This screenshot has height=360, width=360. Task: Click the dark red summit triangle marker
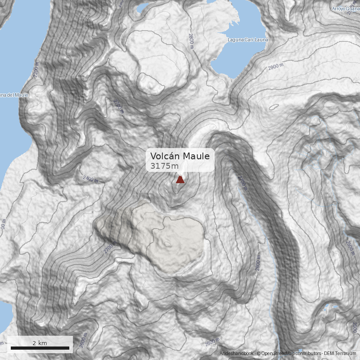pos(180,180)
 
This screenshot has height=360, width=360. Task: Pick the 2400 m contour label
pos(90,179)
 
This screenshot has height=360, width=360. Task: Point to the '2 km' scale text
pos(40,343)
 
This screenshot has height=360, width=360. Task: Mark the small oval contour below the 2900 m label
pos(273,108)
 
